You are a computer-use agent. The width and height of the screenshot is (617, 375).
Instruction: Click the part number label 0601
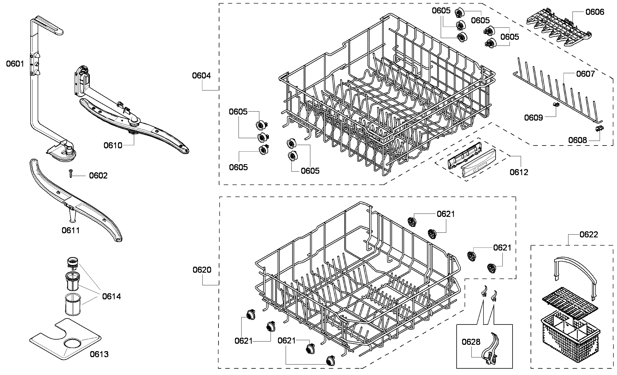point(15,64)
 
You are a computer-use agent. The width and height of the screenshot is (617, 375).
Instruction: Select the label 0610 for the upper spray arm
point(113,145)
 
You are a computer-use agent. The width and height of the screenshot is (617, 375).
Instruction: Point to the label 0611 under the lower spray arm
point(71,230)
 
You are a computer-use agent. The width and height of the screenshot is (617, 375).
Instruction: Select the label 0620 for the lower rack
point(202,270)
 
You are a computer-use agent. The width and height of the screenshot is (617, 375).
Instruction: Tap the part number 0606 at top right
point(595,12)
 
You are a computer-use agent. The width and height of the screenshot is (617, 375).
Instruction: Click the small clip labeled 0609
point(556,105)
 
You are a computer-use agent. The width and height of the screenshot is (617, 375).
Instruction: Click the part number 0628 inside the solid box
point(471,342)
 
